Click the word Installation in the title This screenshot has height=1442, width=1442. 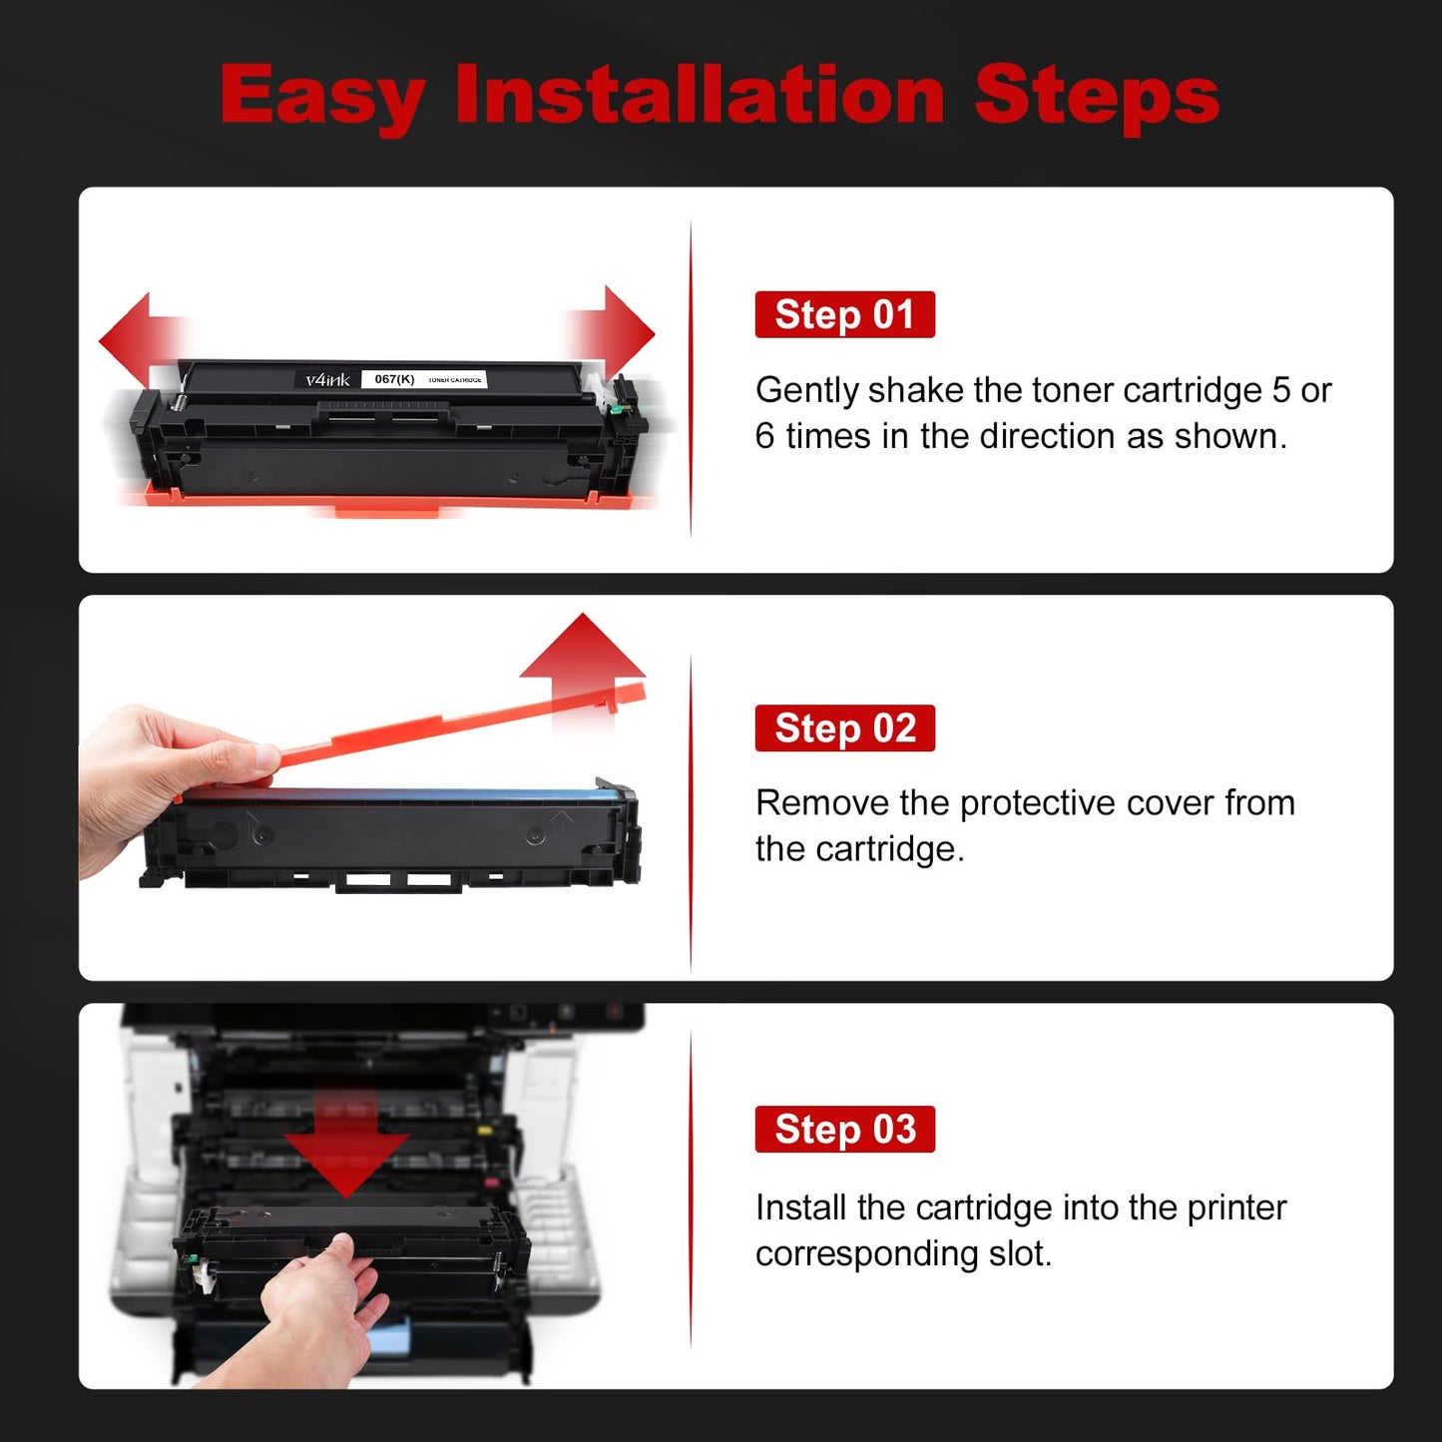click(x=700, y=95)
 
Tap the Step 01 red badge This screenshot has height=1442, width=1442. click(x=844, y=314)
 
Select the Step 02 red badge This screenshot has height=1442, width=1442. click(x=844, y=727)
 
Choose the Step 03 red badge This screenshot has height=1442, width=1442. click(x=844, y=1129)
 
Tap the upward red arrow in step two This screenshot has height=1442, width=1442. click(x=583, y=658)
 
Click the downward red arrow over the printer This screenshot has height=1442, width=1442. click(x=345, y=1148)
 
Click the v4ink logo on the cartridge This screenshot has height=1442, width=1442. click(x=327, y=379)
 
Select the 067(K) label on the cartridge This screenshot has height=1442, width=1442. click(x=394, y=379)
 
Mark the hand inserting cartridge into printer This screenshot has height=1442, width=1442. click(x=319, y=1307)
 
